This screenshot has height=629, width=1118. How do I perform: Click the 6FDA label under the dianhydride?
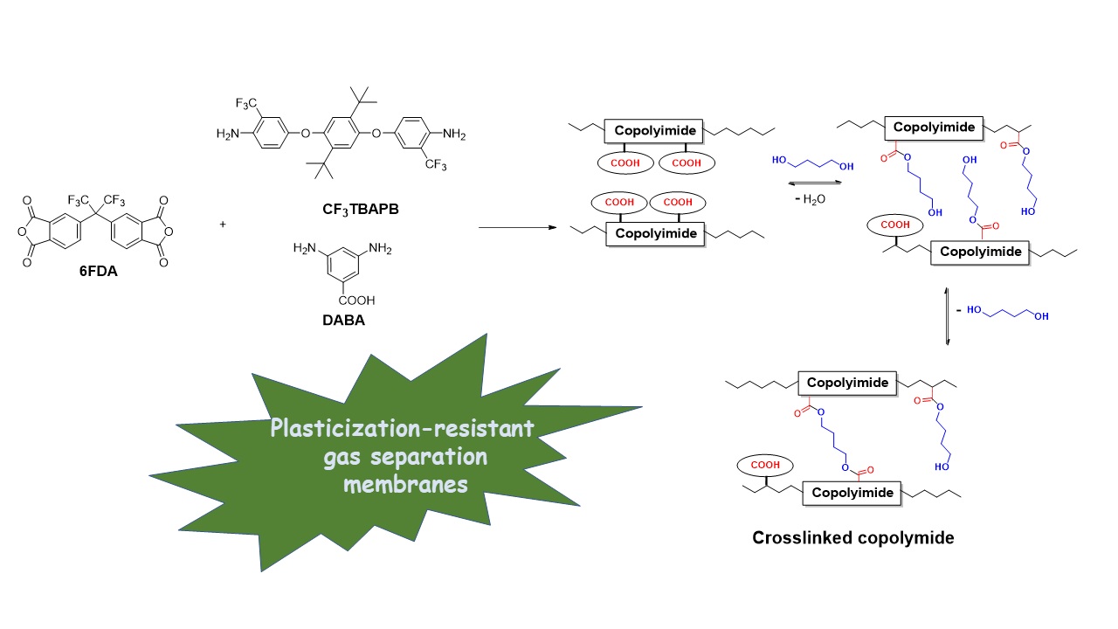tap(98, 272)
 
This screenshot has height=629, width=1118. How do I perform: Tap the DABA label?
tap(343, 320)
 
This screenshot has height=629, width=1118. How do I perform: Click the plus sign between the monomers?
tap(223, 224)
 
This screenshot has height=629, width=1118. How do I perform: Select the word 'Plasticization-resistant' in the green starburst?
tap(402, 430)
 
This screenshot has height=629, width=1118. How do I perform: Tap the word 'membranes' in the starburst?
tap(405, 484)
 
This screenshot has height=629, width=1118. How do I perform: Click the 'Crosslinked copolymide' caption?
tap(852, 538)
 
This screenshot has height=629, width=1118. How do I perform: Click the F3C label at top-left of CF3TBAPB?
tap(248, 104)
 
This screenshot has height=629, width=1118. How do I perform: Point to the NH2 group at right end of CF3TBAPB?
tap(453, 135)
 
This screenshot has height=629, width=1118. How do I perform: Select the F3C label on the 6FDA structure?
tap(79, 177)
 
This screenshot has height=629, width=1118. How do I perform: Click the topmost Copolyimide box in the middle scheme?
tap(655, 131)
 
